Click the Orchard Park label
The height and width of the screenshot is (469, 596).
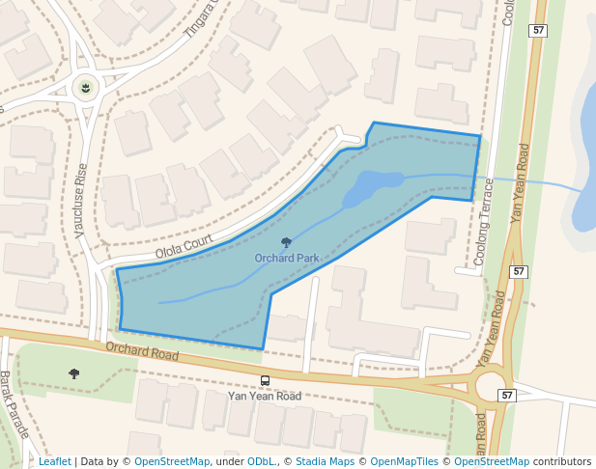coord(287,259)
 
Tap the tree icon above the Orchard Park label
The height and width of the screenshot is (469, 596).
coord(286,243)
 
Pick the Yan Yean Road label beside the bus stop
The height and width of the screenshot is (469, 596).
coord(264,396)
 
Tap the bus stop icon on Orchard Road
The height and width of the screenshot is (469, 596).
coord(266,380)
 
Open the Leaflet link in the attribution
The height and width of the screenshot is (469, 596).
coord(55,461)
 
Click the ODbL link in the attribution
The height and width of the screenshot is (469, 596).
coord(262,461)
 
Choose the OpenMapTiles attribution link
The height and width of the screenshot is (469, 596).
coord(404,461)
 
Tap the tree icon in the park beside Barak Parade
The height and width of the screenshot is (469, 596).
coord(74,373)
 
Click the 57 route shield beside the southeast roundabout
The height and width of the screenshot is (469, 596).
coord(507,396)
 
